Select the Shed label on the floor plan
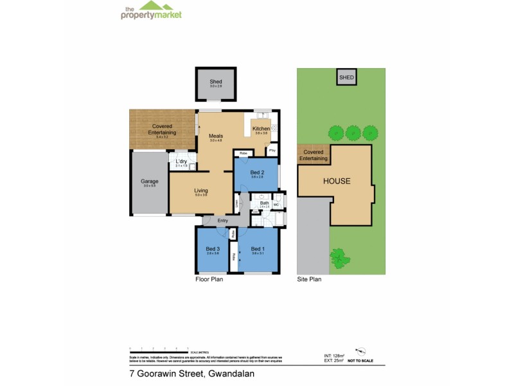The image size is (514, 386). coord(216,82)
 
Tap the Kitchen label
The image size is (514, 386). coord(261,129)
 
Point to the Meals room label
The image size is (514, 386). coord(216,136)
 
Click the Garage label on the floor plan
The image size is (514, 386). coord(150,181)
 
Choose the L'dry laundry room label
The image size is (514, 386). coord(181,161)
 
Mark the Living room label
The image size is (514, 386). coord(201,190)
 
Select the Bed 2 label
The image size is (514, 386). coord(256,172)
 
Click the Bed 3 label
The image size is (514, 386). coord(213,249)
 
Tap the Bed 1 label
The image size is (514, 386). coord(258,249)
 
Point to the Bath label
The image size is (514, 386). coord(264,203)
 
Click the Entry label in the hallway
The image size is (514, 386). coord(223,221)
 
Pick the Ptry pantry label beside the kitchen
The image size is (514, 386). coord(272,151)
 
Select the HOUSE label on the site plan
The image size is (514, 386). coord(337,181)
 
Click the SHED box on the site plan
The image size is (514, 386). coord(346,77)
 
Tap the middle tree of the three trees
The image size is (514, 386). coord(352,133)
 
